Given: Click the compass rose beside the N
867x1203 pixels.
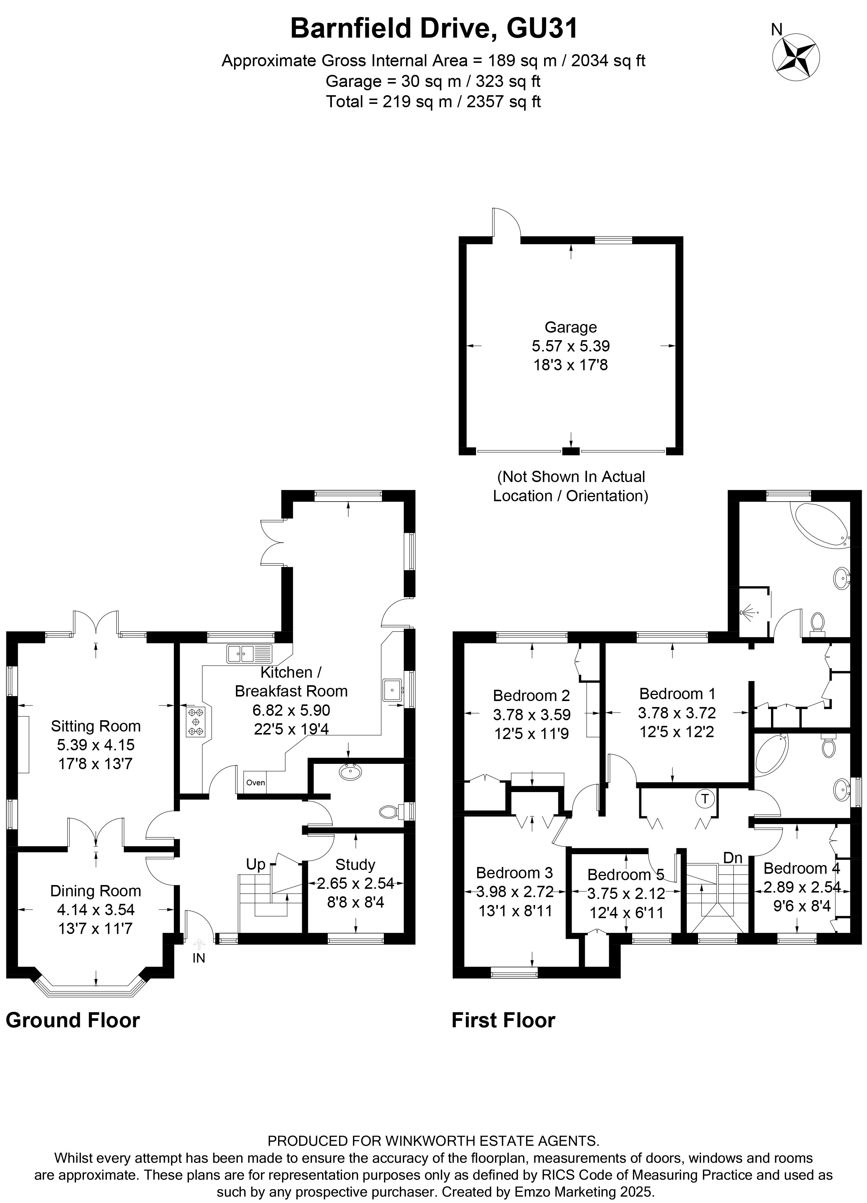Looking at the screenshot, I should (796, 57).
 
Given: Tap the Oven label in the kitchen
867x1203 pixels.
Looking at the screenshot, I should (255, 783).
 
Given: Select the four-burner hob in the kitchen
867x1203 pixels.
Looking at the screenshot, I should (196, 722).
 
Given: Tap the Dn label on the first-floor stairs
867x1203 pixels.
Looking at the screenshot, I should (732, 858).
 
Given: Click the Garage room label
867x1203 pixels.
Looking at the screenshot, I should (570, 327).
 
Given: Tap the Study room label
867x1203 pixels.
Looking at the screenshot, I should (355, 865).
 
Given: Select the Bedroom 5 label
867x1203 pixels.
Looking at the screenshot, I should (625, 874).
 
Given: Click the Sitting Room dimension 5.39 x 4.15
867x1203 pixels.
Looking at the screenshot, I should (96, 745).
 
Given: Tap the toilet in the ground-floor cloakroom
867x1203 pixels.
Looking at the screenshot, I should (391, 812).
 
